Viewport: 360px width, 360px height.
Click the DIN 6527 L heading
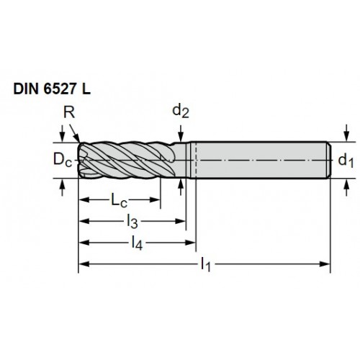[52, 89]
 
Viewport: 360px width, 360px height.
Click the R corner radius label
[69, 112]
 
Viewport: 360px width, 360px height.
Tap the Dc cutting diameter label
[63, 160]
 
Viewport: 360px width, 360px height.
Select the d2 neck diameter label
[181, 112]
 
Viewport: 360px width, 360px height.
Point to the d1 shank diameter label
[346, 161]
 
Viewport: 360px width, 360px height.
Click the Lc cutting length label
[119, 200]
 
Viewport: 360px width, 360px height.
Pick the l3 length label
[132, 222]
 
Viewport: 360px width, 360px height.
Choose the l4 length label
[137, 243]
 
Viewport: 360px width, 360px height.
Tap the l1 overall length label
[206, 264]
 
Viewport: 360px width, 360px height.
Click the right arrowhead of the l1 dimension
[325, 264]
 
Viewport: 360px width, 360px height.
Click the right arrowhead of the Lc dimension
[155, 199]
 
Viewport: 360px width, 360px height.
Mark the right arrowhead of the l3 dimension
[181, 221]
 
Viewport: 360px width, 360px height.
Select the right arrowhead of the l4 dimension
[191, 243]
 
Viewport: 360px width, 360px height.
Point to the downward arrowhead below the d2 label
[181, 137]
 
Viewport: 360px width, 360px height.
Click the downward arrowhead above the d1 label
[346, 136]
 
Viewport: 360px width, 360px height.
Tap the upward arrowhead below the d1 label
[346, 184]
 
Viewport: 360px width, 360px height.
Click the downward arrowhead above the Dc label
[63, 137]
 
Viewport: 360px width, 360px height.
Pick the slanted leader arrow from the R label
[75, 133]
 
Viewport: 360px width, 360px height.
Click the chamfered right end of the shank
[328, 160]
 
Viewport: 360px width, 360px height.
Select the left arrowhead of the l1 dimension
[84, 264]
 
